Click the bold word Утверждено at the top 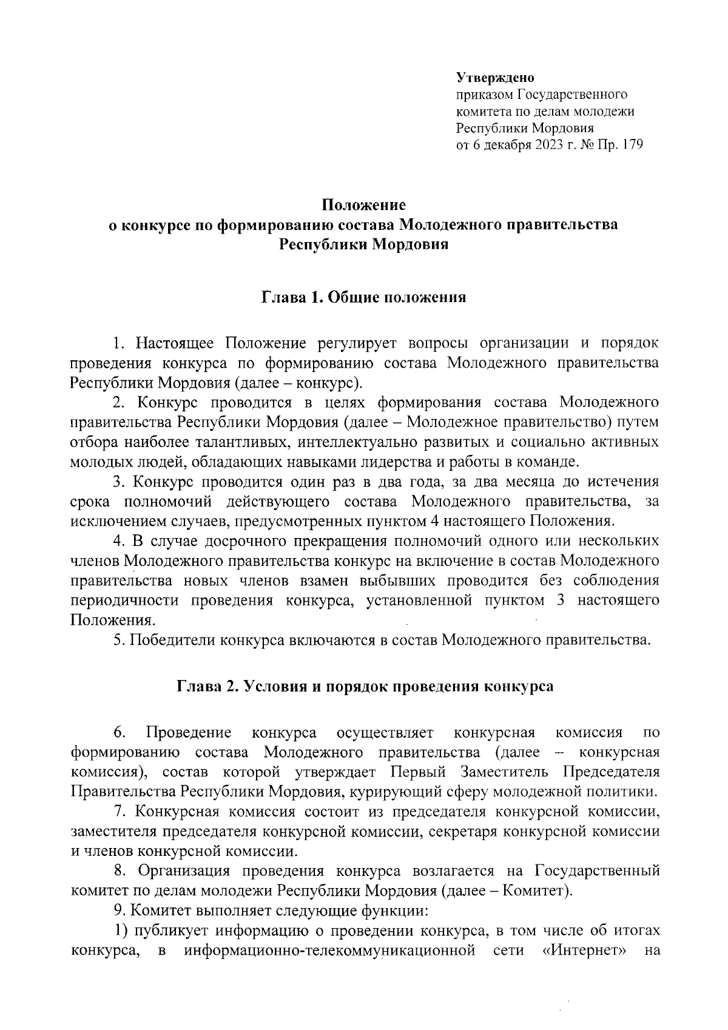tap(494, 78)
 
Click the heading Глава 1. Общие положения tap(363, 298)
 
